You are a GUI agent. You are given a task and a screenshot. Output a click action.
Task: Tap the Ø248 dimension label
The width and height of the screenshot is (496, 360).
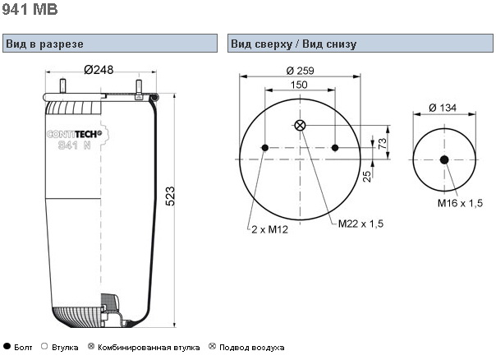[x=98, y=69]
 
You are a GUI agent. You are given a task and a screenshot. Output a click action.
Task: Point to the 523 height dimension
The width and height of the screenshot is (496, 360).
[x=171, y=198]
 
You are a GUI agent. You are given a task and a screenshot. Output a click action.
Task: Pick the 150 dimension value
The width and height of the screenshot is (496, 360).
[x=299, y=85]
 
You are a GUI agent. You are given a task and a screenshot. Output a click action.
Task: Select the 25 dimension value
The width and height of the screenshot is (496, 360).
[x=367, y=173]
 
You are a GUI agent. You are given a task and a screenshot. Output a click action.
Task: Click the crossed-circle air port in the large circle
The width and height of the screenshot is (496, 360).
[x=300, y=125]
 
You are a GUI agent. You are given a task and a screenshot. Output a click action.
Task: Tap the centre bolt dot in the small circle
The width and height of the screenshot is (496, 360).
[x=444, y=159]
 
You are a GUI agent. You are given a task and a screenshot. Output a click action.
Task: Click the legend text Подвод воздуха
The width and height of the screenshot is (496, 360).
[x=252, y=348]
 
